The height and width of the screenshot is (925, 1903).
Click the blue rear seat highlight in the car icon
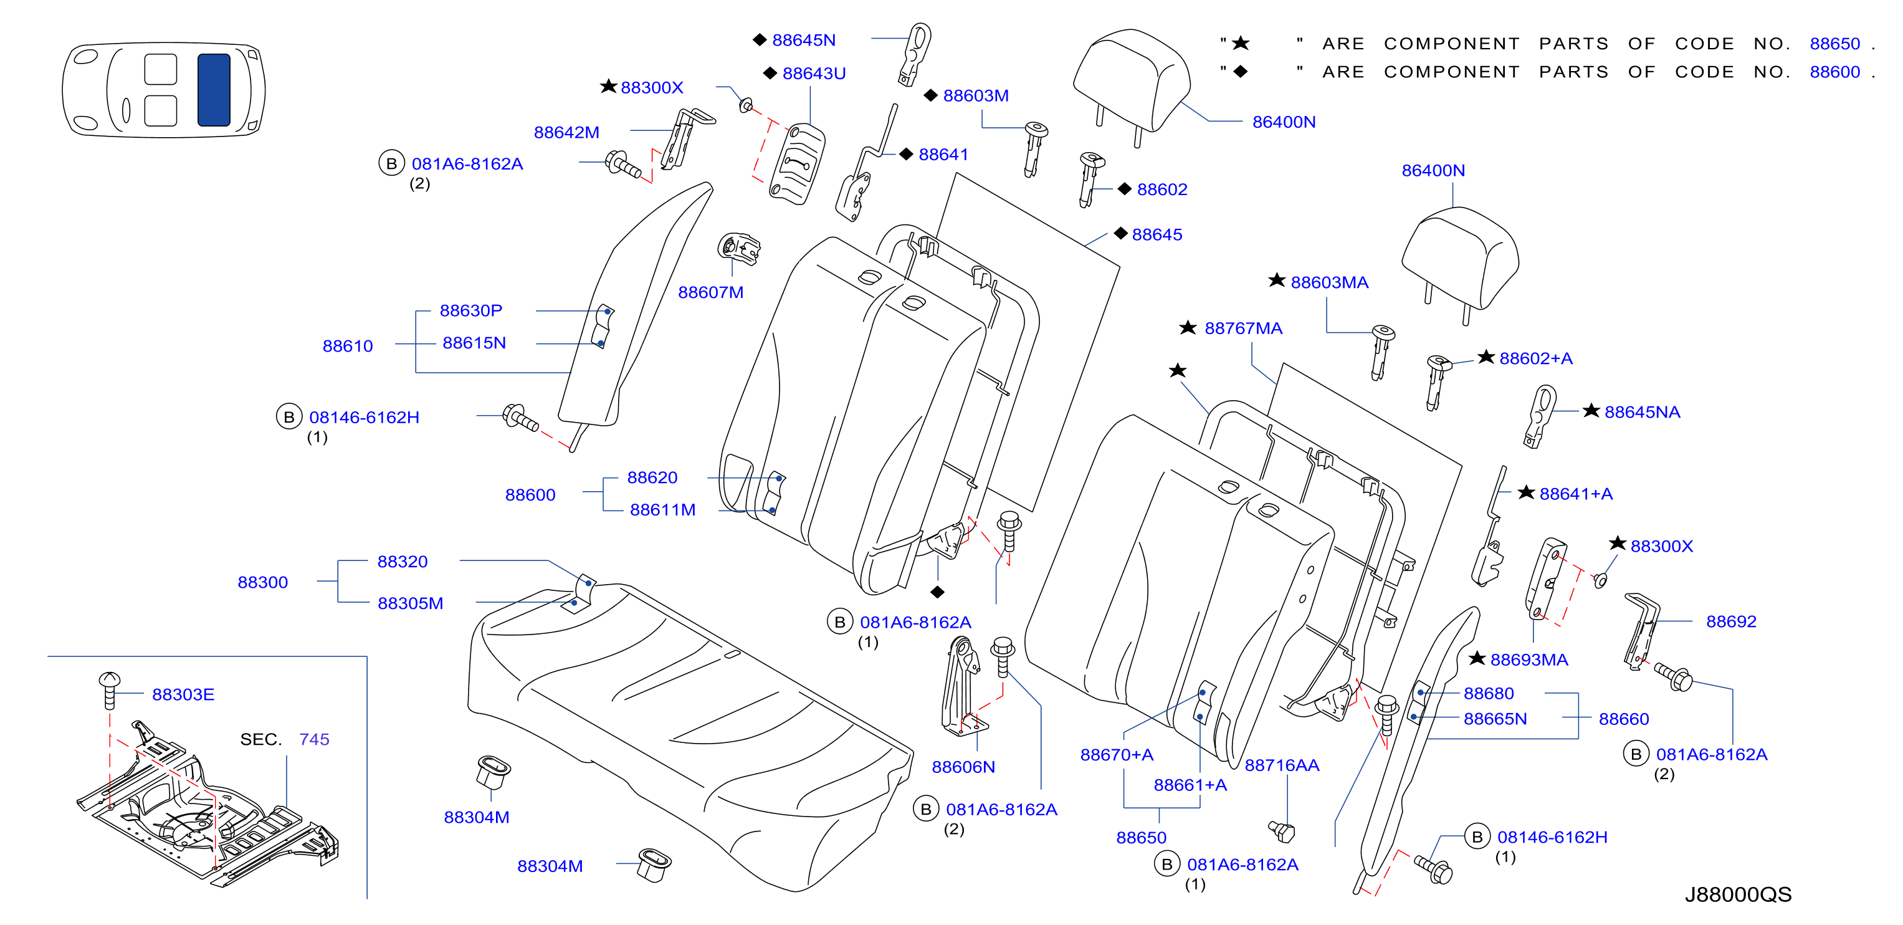[x=214, y=89]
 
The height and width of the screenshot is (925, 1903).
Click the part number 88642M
[x=566, y=132]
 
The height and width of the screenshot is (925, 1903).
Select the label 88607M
[x=711, y=292]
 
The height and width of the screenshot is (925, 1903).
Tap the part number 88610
[x=347, y=346]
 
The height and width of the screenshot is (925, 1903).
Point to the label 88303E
[x=183, y=694]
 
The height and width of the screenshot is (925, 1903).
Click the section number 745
[x=314, y=739]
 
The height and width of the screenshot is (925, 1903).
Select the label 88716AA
[x=1282, y=765]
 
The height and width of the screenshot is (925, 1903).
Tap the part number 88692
[x=1731, y=621]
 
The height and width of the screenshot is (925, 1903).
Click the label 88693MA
[x=1529, y=659]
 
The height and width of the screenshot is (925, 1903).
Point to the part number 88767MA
[x=1243, y=328]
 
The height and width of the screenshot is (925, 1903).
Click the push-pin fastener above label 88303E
[x=109, y=689]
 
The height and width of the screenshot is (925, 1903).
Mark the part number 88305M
[x=410, y=603]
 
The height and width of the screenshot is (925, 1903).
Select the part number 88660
[x=1624, y=719]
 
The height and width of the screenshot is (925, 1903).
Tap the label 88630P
[x=470, y=310]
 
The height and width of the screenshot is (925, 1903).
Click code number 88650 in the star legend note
[x=1834, y=44]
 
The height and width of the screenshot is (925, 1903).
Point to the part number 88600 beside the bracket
[x=530, y=495]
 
